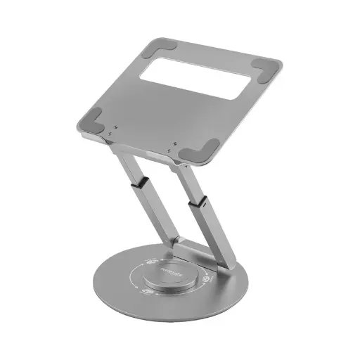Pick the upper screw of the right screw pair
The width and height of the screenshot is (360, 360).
coord(173,143)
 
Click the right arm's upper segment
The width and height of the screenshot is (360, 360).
coord(184,176)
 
